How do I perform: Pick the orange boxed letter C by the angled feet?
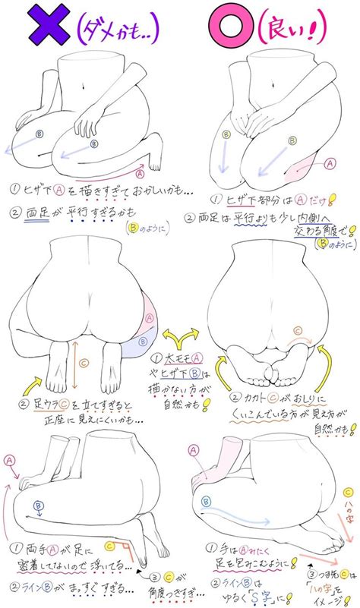pos(109,544)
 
